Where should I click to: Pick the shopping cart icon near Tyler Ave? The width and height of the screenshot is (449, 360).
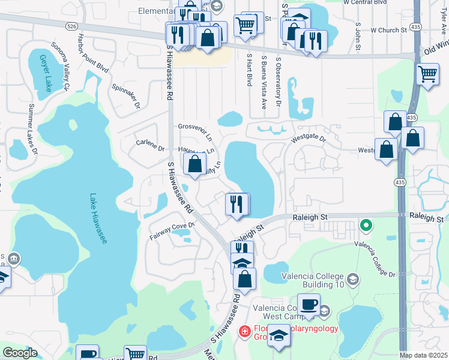tap(427, 75)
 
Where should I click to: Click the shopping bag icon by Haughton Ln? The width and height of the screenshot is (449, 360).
tap(195, 164)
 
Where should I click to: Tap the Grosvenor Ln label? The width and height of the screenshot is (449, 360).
tap(196, 127)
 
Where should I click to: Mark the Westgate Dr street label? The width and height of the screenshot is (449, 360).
tap(308, 139)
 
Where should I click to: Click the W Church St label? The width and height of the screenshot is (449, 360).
tap(388, 30)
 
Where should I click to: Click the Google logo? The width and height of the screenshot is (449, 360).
tap(20, 353)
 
